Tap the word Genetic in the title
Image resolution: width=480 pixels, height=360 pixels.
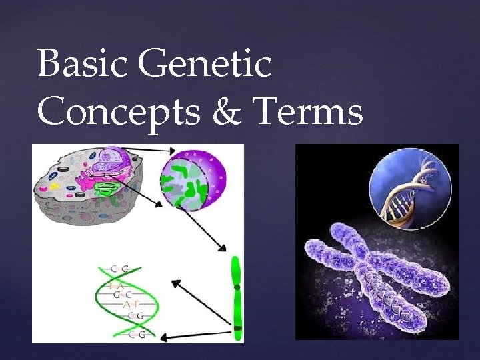tap(207, 65)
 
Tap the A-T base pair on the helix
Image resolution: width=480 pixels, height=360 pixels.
tap(134, 304)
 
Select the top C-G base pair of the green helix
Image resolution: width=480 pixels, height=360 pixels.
tap(121, 268)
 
